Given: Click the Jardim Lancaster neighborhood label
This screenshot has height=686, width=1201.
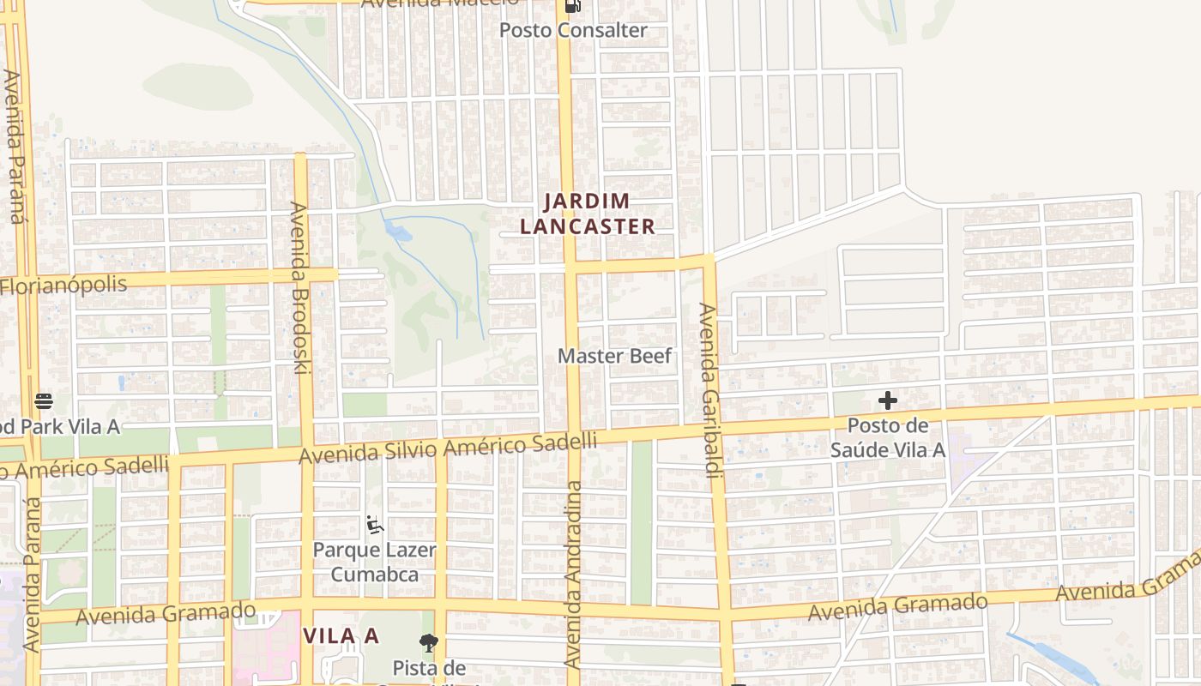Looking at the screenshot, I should click(599, 214).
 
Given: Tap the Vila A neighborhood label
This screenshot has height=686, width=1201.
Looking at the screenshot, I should click(341, 635).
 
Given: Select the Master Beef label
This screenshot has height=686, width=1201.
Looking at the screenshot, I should click(614, 355).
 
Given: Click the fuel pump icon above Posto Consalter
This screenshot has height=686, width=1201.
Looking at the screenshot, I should click(572, 6).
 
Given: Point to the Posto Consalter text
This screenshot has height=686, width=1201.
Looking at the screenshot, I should click(573, 30).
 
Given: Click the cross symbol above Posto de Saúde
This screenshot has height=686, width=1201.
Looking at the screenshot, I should click(888, 400).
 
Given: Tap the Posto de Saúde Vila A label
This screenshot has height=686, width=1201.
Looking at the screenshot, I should click(888, 437).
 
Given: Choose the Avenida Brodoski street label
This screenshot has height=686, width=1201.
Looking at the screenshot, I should click(299, 287).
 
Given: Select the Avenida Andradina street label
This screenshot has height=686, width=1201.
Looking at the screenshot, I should click(573, 575).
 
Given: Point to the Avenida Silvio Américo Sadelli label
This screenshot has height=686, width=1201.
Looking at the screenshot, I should click(447, 448).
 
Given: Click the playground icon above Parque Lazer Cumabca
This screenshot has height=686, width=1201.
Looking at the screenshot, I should click(374, 523).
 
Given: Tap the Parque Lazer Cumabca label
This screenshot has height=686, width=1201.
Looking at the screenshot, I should click(374, 562).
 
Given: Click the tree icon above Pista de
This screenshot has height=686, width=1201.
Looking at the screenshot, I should click(428, 642).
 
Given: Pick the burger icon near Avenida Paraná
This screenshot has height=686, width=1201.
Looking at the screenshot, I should click(44, 400).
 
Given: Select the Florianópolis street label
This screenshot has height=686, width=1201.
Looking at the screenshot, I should click(63, 285).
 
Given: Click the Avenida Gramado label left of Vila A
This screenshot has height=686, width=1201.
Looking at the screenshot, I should click(166, 614).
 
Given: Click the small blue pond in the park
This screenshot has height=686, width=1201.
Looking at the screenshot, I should click(396, 230).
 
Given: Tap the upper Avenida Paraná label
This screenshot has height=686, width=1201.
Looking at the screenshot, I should click(15, 146).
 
